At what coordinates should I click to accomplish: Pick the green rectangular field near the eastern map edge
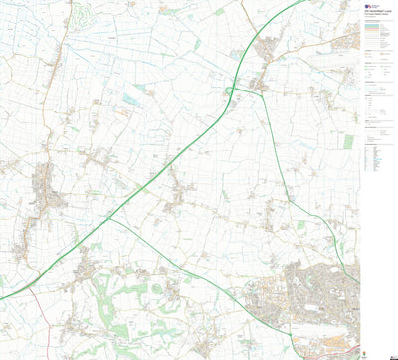pos(348,141)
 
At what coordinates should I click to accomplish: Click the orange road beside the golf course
pos(66,40)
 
